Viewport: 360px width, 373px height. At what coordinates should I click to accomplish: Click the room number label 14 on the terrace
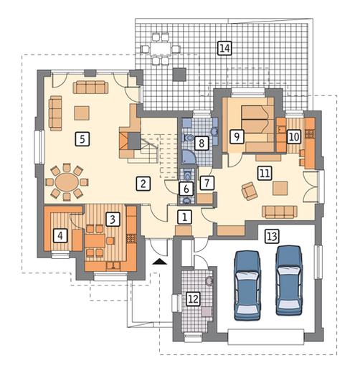click(225, 48)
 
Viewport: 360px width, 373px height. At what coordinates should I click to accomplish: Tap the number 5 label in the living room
click(82, 139)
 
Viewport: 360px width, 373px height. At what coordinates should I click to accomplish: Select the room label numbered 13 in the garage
click(273, 237)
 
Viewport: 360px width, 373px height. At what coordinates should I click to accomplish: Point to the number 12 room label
click(194, 299)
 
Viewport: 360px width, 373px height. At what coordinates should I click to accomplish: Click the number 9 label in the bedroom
click(237, 136)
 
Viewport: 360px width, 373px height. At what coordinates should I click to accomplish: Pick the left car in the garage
click(247, 285)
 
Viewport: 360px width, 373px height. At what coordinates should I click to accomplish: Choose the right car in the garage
click(289, 280)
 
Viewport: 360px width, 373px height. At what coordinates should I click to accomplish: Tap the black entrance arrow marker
click(160, 262)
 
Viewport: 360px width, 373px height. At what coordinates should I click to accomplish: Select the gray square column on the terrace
click(179, 75)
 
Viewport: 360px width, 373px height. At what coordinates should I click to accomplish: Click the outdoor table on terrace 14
click(161, 49)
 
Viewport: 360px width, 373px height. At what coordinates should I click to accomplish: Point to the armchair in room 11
click(250, 190)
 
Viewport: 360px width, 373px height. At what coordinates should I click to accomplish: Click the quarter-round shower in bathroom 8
click(189, 157)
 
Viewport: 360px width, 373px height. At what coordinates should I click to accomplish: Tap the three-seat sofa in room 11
click(280, 212)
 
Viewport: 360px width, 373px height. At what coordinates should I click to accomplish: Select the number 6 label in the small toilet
click(186, 189)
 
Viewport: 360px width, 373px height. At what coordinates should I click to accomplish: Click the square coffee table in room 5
click(82, 113)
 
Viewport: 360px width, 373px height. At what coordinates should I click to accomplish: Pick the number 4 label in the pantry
click(60, 236)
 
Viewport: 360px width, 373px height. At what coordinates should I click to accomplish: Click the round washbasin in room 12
click(209, 280)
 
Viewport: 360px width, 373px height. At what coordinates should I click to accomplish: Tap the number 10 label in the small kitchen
click(294, 137)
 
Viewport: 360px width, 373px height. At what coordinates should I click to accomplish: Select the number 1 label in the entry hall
click(184, 217)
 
